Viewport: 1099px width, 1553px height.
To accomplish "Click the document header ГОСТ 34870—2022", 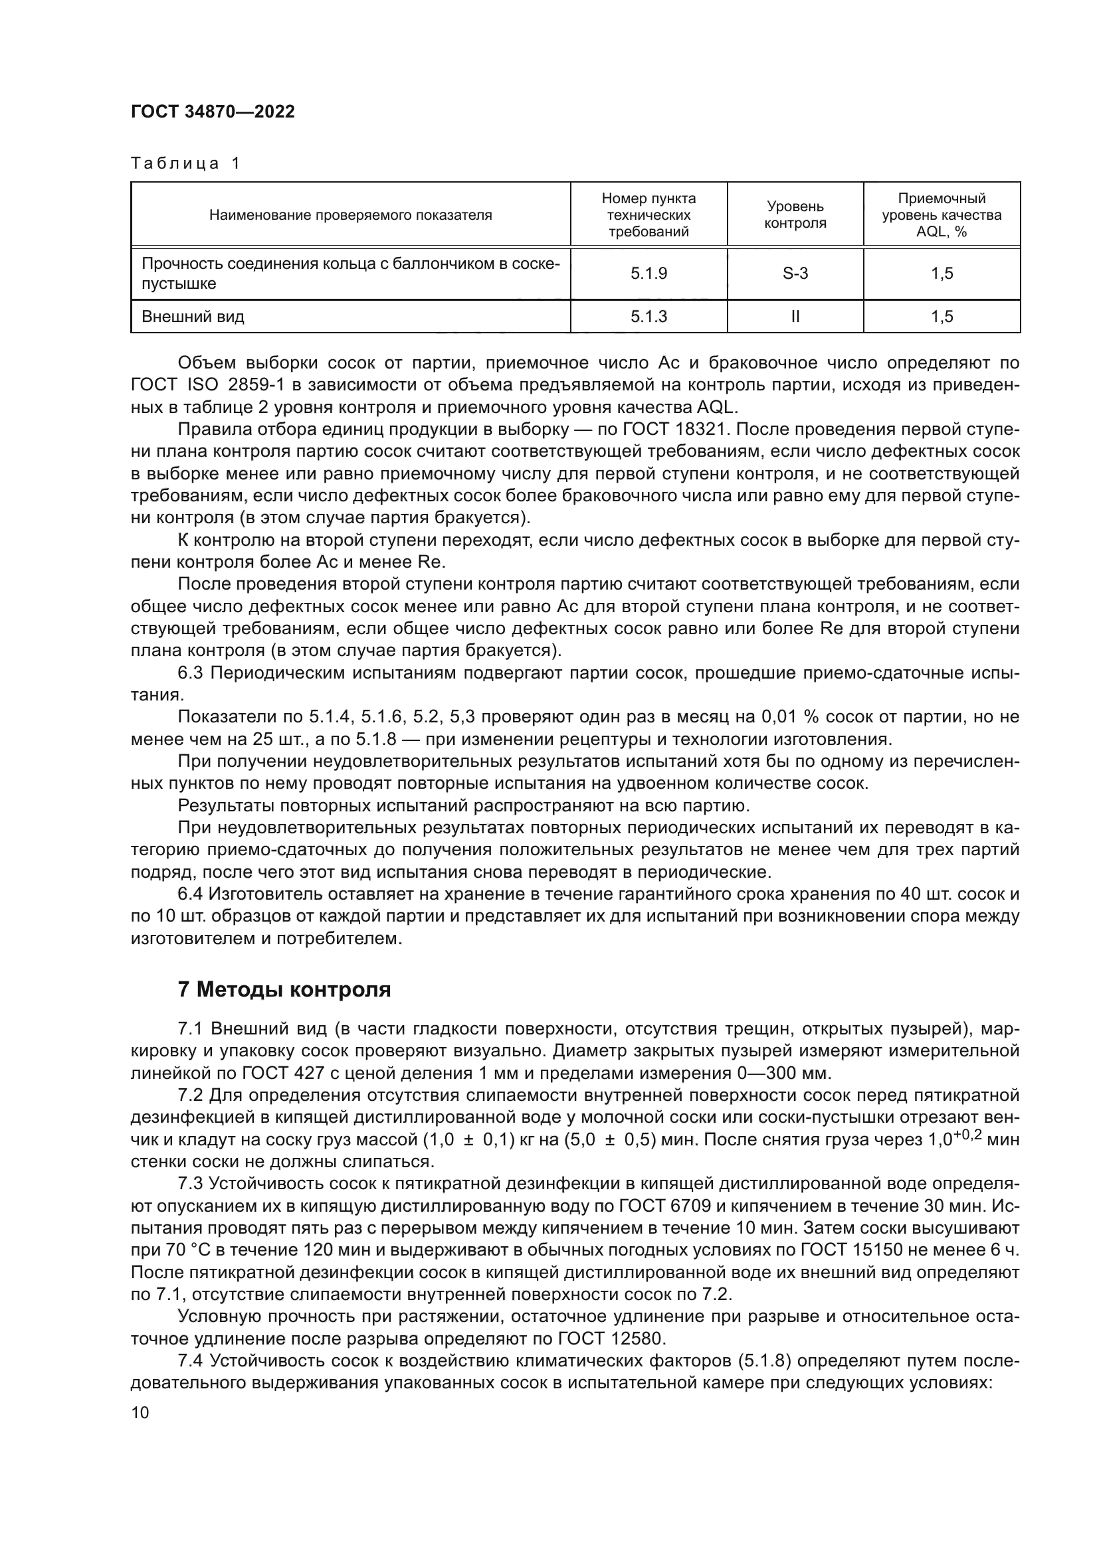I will pyautogui.click(x=213, y=112).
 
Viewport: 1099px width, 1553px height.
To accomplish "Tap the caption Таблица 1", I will pyautogui.click(x=185, y=164).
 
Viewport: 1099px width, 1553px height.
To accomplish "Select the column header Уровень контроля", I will pyautogui.click(x=795, y=214).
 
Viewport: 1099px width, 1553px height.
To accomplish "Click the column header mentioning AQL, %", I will pyautogui.click(x=942, y=214).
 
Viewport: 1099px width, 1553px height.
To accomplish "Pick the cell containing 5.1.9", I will pyautogui.click(x=649, y=274).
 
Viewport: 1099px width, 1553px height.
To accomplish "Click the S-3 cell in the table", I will pyautogui.click(x=795, y=274).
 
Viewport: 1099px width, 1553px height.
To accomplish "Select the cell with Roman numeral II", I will pyautogui.click(x=795, y=317).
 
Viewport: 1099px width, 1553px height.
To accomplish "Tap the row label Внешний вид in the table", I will pyautogui.click(x=193, y=317).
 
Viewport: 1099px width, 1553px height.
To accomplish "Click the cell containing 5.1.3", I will pyautogui.click(x=649, y=317).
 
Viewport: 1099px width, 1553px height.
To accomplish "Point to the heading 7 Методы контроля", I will pyautogui.click(x=284, y=989).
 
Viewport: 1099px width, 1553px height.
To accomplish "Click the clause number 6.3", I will pyautogui.click(x=191, y=673).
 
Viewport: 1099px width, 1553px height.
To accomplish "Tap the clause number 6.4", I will pyautogui.click(x=191, y=894).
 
